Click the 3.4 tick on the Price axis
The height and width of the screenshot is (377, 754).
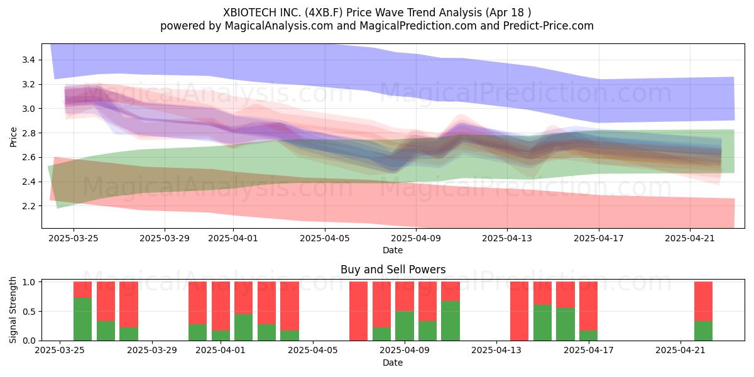[x=28, y=60]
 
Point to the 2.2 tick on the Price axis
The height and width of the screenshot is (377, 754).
[x=28, y=206]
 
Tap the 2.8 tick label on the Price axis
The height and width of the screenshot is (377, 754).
[x=28, y=133]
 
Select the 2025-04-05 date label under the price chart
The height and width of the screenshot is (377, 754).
[x=325, y=238]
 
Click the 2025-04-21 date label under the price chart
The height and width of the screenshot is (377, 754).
[x=690, y=238]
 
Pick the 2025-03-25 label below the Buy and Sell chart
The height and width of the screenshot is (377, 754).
[x=60, y=351]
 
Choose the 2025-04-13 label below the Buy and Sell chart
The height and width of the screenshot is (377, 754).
[x=496, y=351]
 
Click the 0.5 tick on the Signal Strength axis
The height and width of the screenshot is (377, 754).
[x=30, y=312]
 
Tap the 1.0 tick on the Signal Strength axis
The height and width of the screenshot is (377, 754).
[x=30, y=282]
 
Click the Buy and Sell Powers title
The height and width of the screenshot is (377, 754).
[x=393, y=270]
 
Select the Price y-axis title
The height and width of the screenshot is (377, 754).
[x=13, y=137]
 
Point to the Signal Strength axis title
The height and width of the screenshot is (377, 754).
[x=13, y=310]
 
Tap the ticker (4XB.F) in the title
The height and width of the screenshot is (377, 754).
[x=324, y=13]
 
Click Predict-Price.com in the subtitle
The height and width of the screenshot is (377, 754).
[x=549, y=26]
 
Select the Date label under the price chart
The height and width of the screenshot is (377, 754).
[x=393, y=250]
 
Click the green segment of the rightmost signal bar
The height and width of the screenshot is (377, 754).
[x=703, y=331]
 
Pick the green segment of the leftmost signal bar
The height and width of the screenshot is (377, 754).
[x=82, y=319]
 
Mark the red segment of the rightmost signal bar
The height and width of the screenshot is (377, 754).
[x=703, y=302]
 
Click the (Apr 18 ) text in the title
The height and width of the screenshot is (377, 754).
[x=508, y=13]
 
